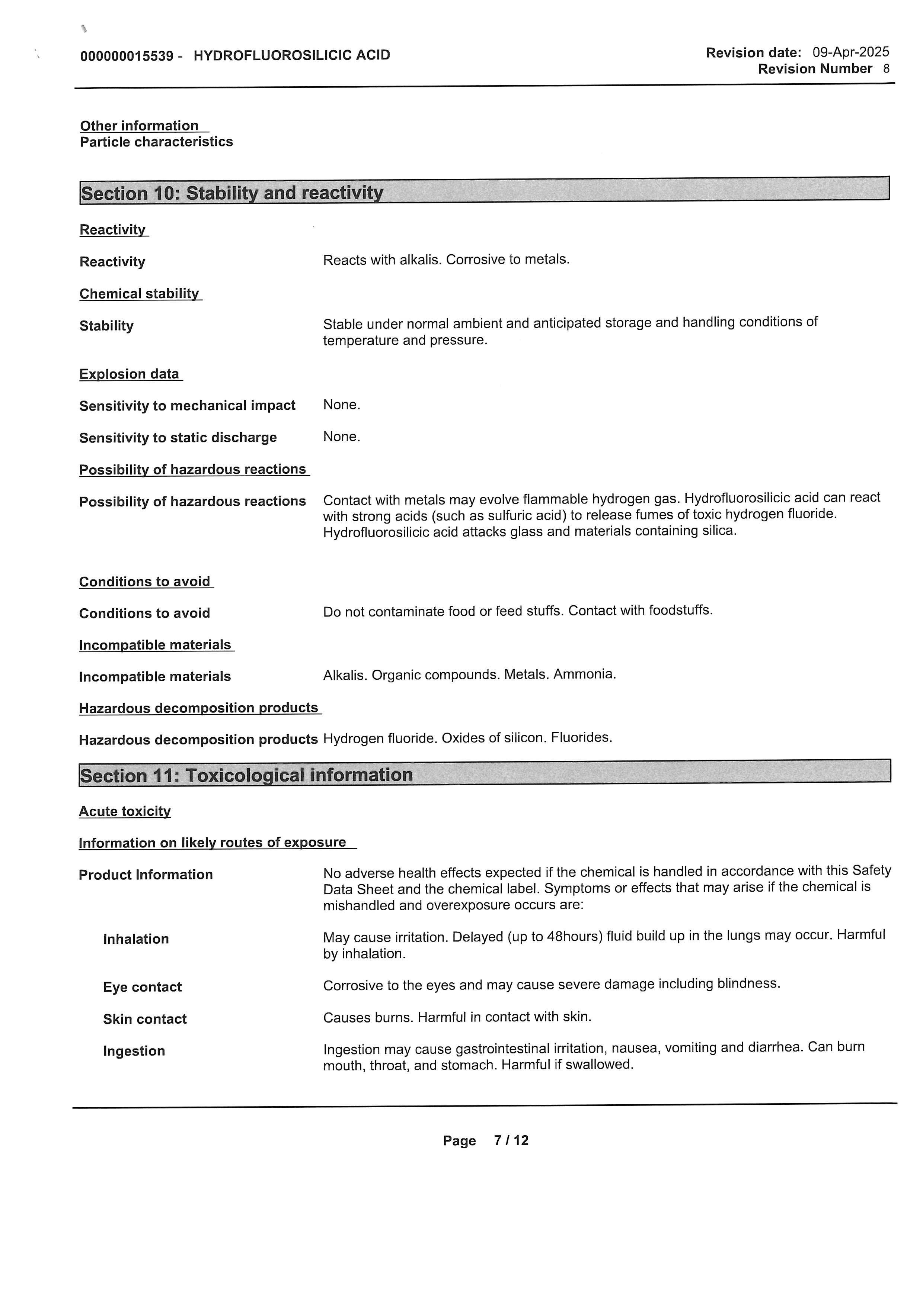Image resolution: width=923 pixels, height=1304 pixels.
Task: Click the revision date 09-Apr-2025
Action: pos(850,52)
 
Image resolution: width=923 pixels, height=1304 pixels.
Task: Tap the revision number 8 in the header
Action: pos(886,69)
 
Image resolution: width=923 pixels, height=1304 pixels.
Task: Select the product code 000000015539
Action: pos(127,56)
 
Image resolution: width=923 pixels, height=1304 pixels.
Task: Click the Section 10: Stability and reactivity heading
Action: pos(232,193)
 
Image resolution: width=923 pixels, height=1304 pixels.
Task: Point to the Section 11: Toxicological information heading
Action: pos(246,775)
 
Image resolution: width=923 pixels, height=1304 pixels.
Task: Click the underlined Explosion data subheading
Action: pos(130,374)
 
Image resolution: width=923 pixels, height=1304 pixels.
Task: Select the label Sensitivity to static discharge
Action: pos(178,437)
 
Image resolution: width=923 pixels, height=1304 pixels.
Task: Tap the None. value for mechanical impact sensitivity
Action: pos(342,405)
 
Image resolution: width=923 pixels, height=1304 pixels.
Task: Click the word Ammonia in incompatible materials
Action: pos(584,674)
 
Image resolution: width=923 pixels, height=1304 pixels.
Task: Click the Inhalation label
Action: pos(136,939)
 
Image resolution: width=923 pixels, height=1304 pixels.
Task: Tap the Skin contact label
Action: pos(144,1019)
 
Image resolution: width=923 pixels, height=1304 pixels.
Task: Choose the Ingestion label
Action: pos(134,1051)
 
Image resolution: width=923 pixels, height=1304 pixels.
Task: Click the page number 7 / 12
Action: pos(511,1140)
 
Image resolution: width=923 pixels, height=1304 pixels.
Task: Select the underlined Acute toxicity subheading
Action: pos(124,811)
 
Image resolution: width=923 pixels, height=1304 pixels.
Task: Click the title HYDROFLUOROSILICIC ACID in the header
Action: pos(291,55)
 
